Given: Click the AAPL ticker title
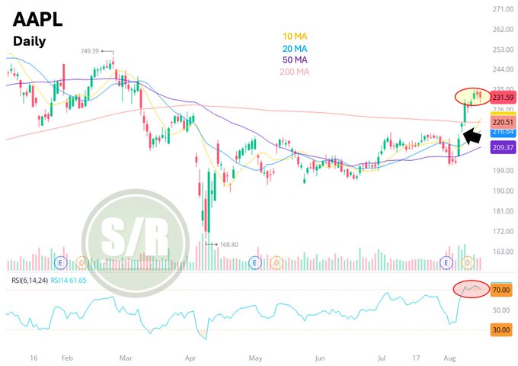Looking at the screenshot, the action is pos(37,19).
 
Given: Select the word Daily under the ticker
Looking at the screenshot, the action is pos(30,41).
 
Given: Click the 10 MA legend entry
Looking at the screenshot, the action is pos(295,36).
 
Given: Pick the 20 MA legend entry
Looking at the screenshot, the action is pos(295,49).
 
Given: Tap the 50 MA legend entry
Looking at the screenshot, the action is pos(295,59).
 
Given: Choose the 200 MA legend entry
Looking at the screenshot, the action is pos(294,72).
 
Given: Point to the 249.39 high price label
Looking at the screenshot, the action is pos(90,51).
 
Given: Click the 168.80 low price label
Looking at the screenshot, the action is pos(229,245).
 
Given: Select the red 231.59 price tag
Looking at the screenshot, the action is pos(503,98).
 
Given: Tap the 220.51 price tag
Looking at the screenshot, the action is pos(503,122).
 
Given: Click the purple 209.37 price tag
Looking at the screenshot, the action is pos(503,147).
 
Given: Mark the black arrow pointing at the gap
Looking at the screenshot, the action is pos(472,136).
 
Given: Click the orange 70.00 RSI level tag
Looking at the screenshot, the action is pos(501,290).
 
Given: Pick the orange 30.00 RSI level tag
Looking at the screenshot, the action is pos(501,329).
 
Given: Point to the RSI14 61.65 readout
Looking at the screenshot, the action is pos(69,281).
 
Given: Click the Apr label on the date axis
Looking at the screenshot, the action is pos(190,358).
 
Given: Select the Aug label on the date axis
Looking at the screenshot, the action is pos(449,358).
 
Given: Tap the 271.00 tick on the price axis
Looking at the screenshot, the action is pos(503,9).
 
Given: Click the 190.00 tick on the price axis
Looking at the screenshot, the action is pos(503,191).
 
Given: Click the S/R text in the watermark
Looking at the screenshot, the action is pos(135,238).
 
